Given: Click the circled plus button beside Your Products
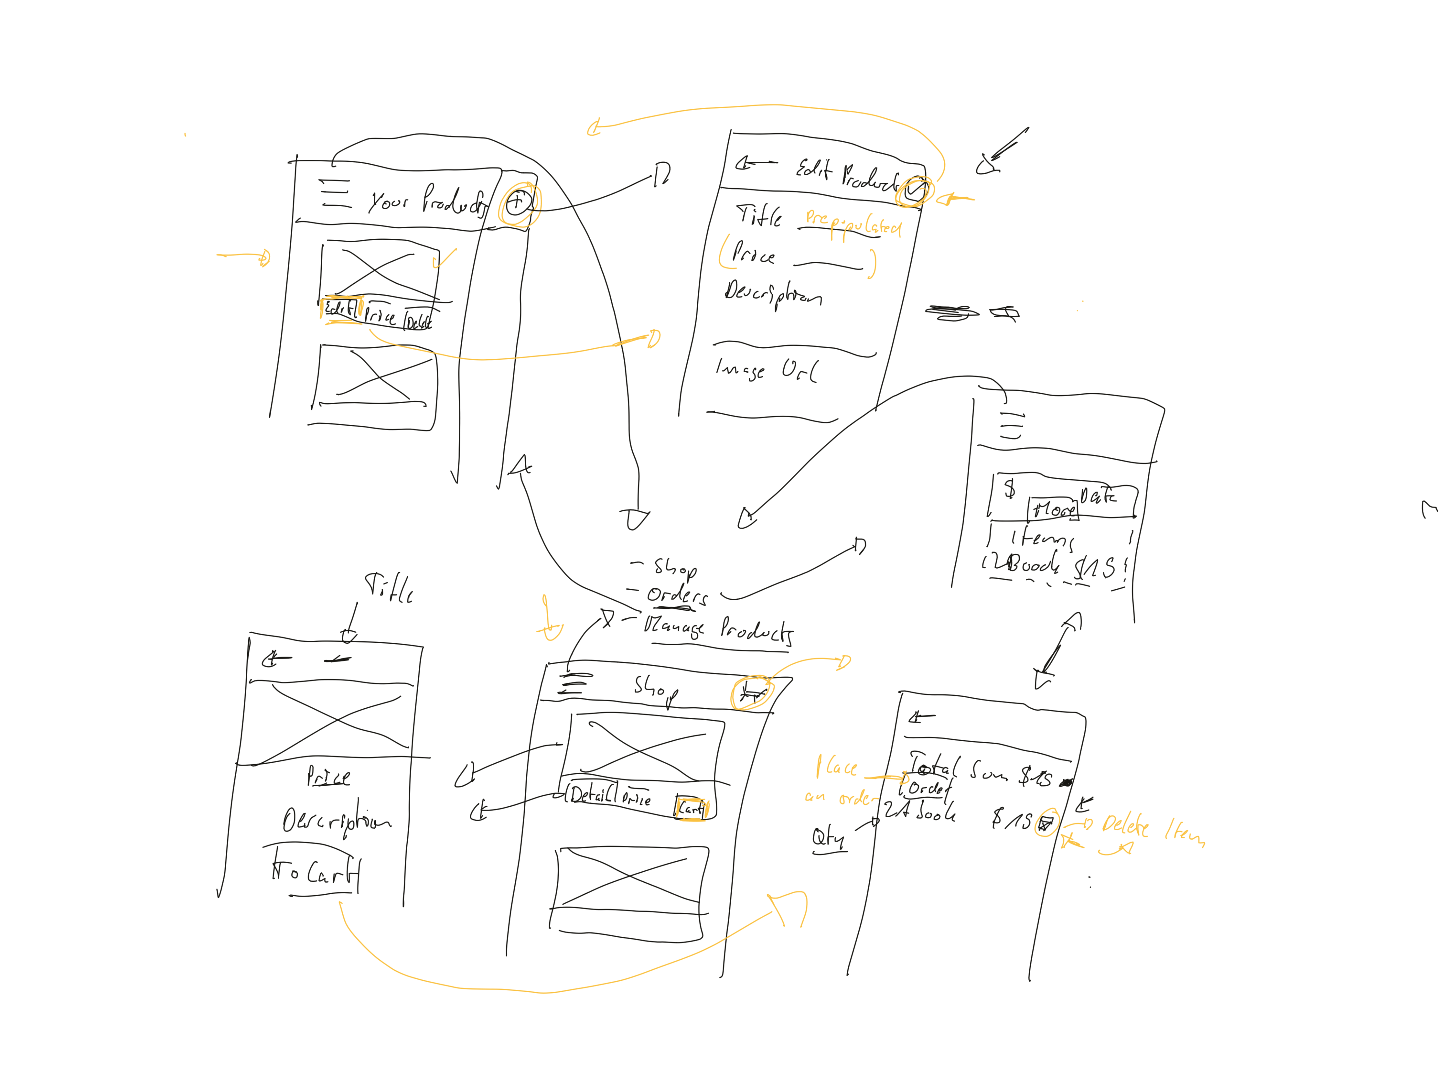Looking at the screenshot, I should click(517, 203).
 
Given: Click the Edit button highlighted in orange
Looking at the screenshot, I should click(340, 308).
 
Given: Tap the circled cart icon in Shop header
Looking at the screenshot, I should click(752, 693).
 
